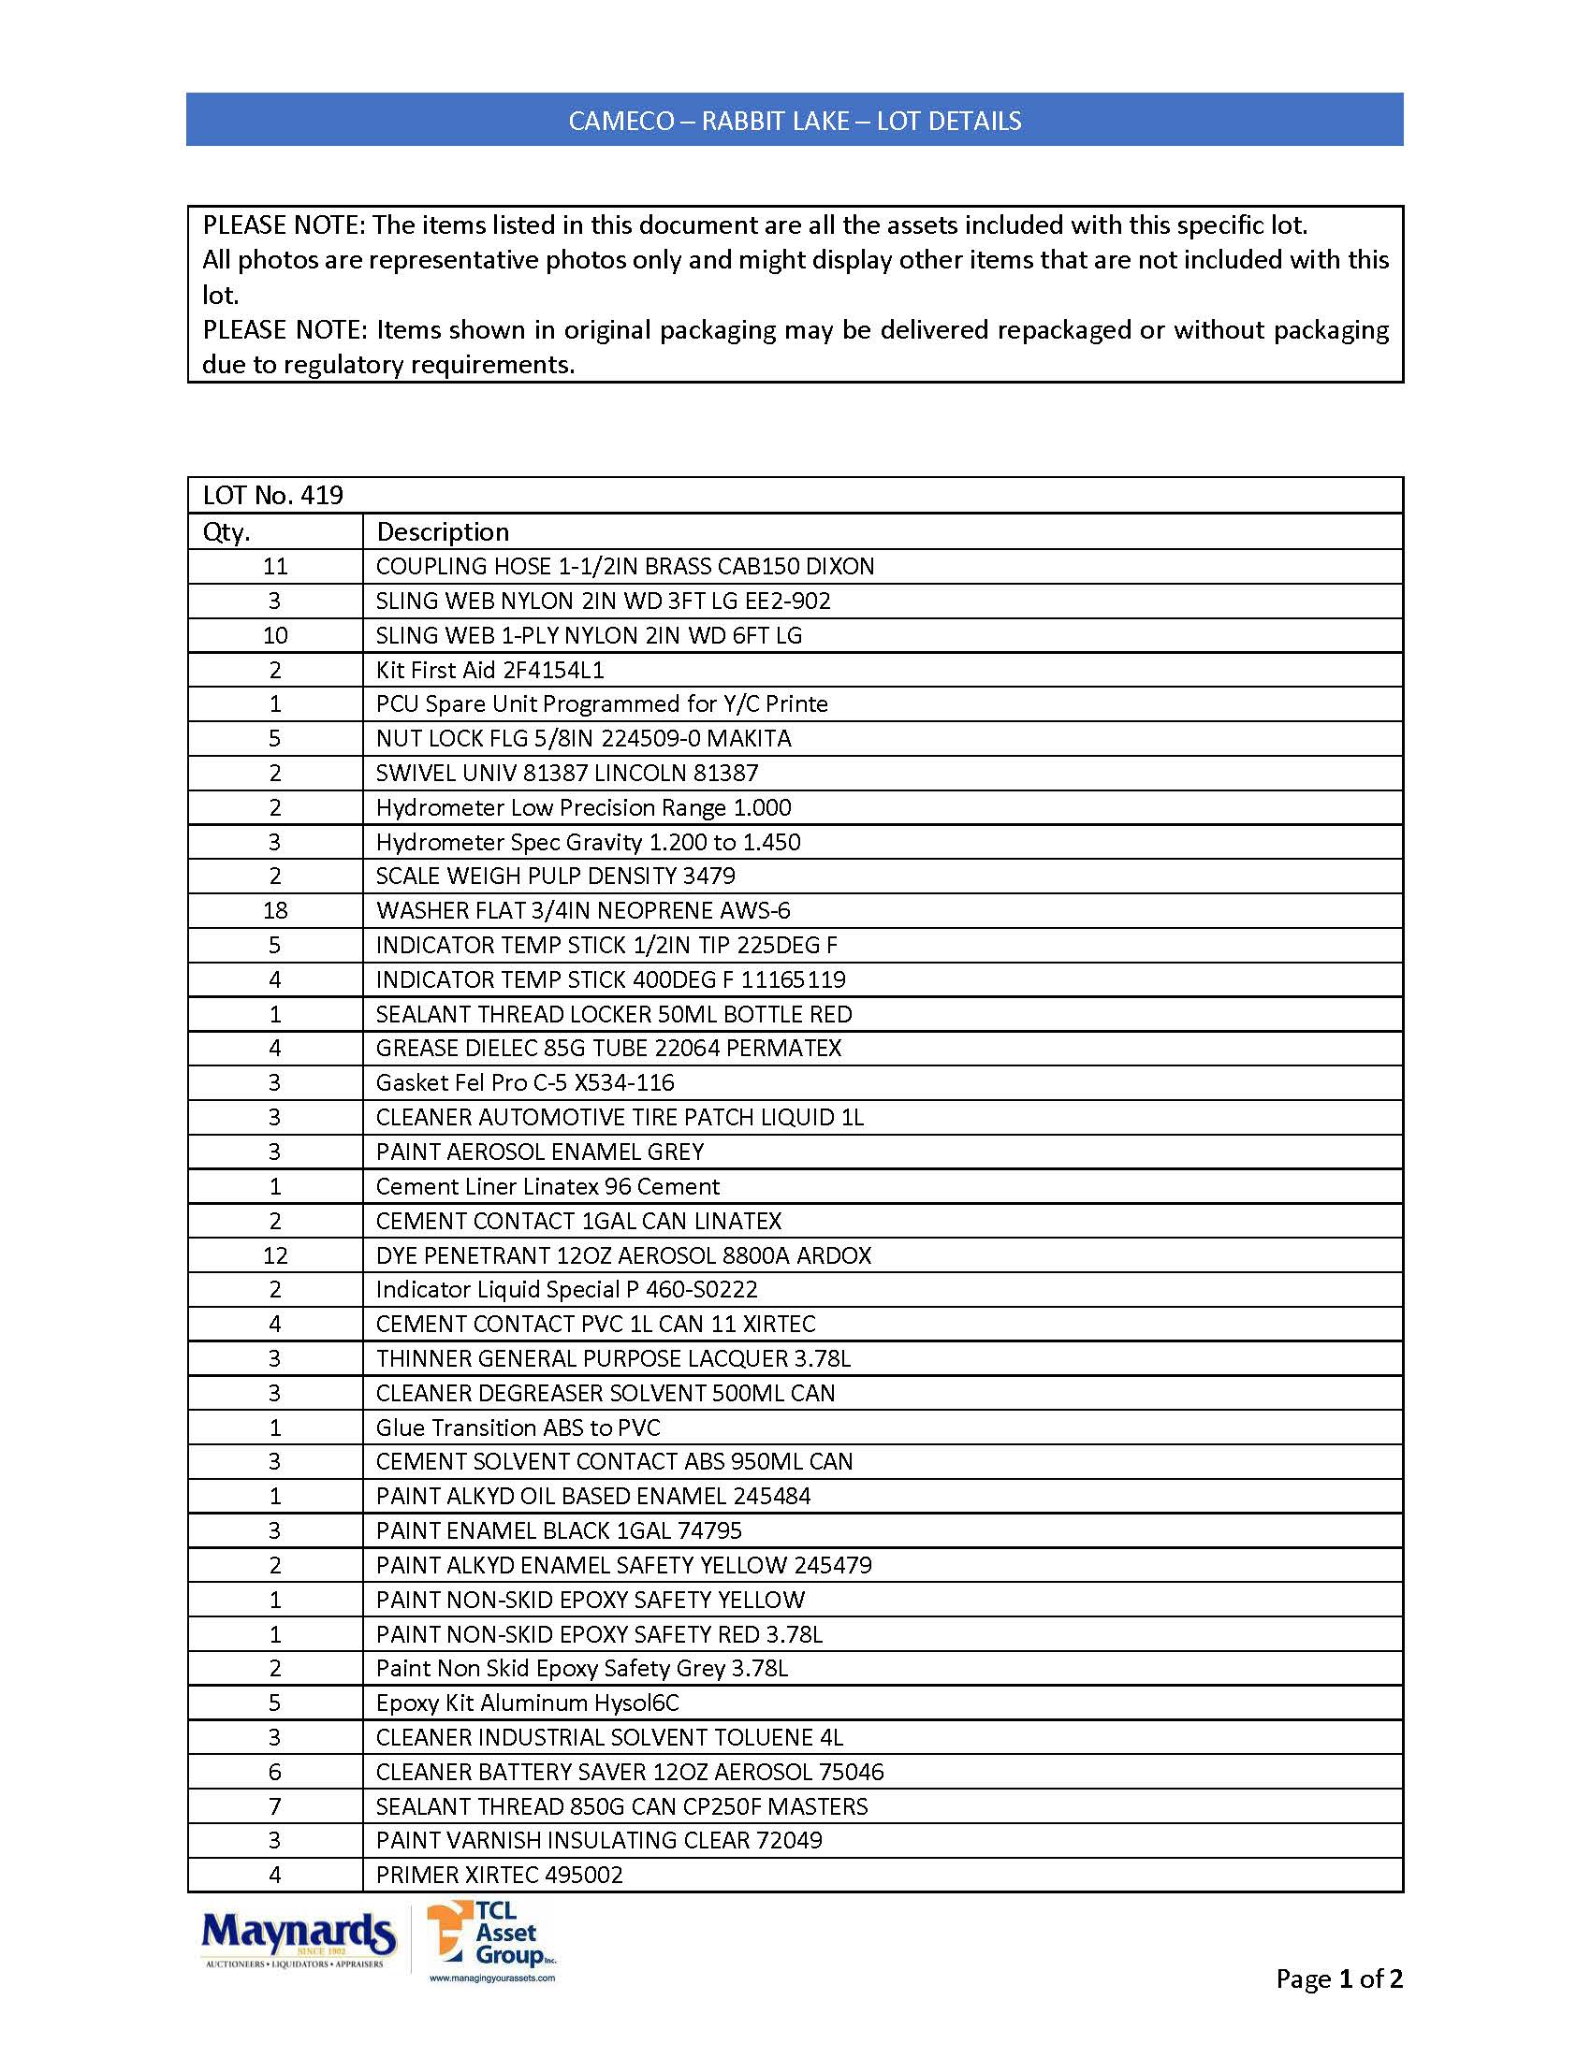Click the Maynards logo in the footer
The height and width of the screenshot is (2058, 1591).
[297, 1939]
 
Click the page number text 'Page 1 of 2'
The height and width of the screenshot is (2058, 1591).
[1338, 1978]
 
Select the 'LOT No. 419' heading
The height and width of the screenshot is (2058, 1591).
[273, 496]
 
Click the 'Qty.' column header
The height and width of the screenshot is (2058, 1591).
[227, 532]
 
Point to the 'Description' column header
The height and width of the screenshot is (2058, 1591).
[442, 532]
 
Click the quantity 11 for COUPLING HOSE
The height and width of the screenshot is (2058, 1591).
[275, 566]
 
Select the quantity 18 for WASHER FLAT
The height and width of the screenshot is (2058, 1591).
[275, 910]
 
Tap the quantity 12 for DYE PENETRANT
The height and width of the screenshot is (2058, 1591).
[275, 1255]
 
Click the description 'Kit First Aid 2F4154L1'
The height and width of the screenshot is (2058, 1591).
[490, 670]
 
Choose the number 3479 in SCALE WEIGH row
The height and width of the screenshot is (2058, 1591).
[708, 877]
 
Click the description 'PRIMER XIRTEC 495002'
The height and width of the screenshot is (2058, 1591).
[500, 1876]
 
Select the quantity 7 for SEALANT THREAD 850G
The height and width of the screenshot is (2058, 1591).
[275, 1806]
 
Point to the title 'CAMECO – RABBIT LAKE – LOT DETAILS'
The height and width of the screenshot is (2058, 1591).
[795, 121]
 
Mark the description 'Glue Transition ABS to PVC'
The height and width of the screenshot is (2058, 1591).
[518, 1428]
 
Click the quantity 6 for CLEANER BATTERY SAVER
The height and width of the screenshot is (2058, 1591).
[275, 1773]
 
